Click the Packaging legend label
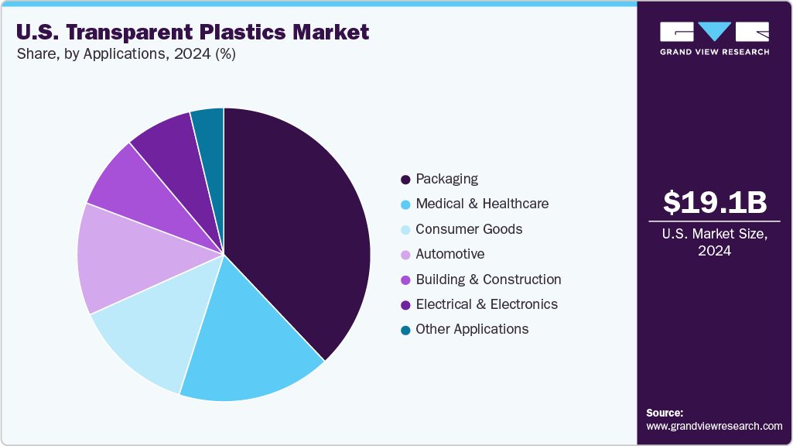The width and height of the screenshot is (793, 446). pyautogui.click(x=446, y=179)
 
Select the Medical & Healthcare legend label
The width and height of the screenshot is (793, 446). pyautogui.click(x=481, y=204)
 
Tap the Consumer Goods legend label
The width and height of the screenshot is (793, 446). pyautogui.click(x=469, y=229)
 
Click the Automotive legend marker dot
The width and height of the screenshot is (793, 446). pyautogui.click(x=405, y=255)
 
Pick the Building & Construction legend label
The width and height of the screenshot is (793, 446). pyautogui.click(x=488, y=280)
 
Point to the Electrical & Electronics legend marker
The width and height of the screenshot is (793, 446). pyautogui.click(x=405, y=305)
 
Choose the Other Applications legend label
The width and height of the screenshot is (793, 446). pyautogui.click(x=472, y=329)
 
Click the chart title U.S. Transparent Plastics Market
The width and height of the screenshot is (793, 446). pyautogui.click(x=192, y=33)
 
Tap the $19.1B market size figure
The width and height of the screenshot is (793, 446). pyautogui.click(x=715, y=203)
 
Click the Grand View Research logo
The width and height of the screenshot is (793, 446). pyautogui.click(x=714, y=38)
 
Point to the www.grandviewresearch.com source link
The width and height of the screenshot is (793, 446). pyautogui.click(x=714, y=426)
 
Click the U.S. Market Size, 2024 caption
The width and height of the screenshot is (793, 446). pyautogui.click(x=715, y=242)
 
